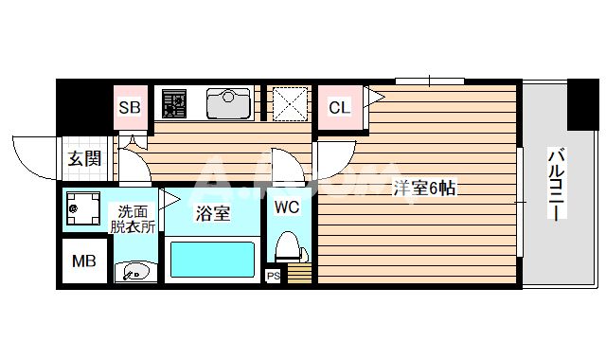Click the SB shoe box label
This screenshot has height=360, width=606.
coord(130,107)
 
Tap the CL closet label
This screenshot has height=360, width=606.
coord(338,107)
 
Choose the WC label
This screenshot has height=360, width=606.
coord(287,206)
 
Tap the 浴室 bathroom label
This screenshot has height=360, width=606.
coord(213,213)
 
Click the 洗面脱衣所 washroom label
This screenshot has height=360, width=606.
coord(132,219)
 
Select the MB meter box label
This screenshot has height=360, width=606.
coord(83,260)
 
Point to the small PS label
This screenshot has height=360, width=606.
coord(274,277)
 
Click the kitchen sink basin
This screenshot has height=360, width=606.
coord(228,102)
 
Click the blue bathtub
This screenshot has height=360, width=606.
coord(211,259)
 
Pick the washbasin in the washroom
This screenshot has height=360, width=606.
coord(134,272)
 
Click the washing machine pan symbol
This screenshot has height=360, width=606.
coord(83,208)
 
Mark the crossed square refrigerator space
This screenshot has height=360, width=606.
coord(288,102)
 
